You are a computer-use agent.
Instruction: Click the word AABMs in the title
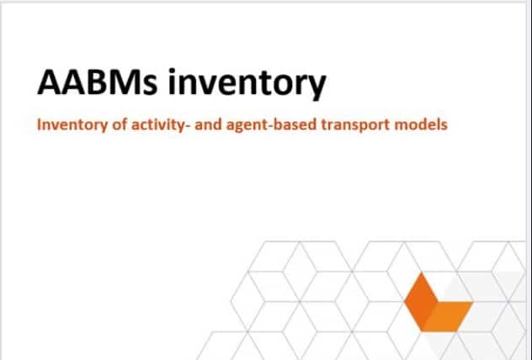[98, 82]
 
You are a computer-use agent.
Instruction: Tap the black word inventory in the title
[247, 84]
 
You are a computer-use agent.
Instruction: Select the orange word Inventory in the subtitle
[72, 125]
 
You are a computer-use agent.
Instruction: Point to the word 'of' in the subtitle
[119, 124]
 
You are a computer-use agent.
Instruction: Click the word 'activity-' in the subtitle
[160, 125]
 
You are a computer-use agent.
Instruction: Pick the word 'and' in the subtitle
[208, 124]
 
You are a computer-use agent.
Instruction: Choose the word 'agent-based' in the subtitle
[271, 125]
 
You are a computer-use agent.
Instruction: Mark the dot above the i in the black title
[173, 71]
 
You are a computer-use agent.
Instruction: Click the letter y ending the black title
[317, 88]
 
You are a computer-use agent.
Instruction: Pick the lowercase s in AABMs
[151, 86]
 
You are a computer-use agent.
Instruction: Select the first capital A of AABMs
[49, 82]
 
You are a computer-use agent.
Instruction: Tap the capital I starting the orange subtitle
[39, 124]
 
